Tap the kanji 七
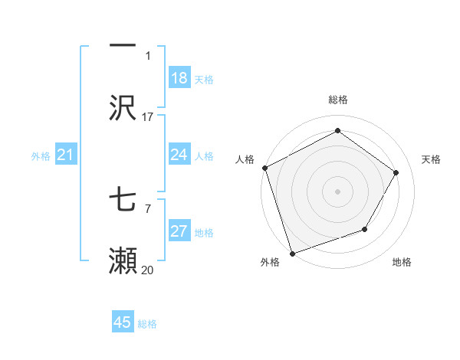(123, 200)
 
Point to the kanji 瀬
(123, 260)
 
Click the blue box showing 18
(179, 79)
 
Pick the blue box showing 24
(179, 155)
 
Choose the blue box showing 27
(179, 232)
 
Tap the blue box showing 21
(66, 155)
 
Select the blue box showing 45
(123, 322)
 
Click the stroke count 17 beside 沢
(148, 117)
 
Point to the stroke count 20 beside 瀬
(148, 270)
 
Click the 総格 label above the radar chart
(338, 100)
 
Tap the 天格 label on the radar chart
(432, 159)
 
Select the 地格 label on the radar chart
(402, 262)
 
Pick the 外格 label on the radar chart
(270, 262)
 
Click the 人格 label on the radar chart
(245, 159)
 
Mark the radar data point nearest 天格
(396, 172)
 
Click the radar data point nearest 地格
(365, 229)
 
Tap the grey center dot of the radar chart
(337, 191)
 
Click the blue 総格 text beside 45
(147, 324)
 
